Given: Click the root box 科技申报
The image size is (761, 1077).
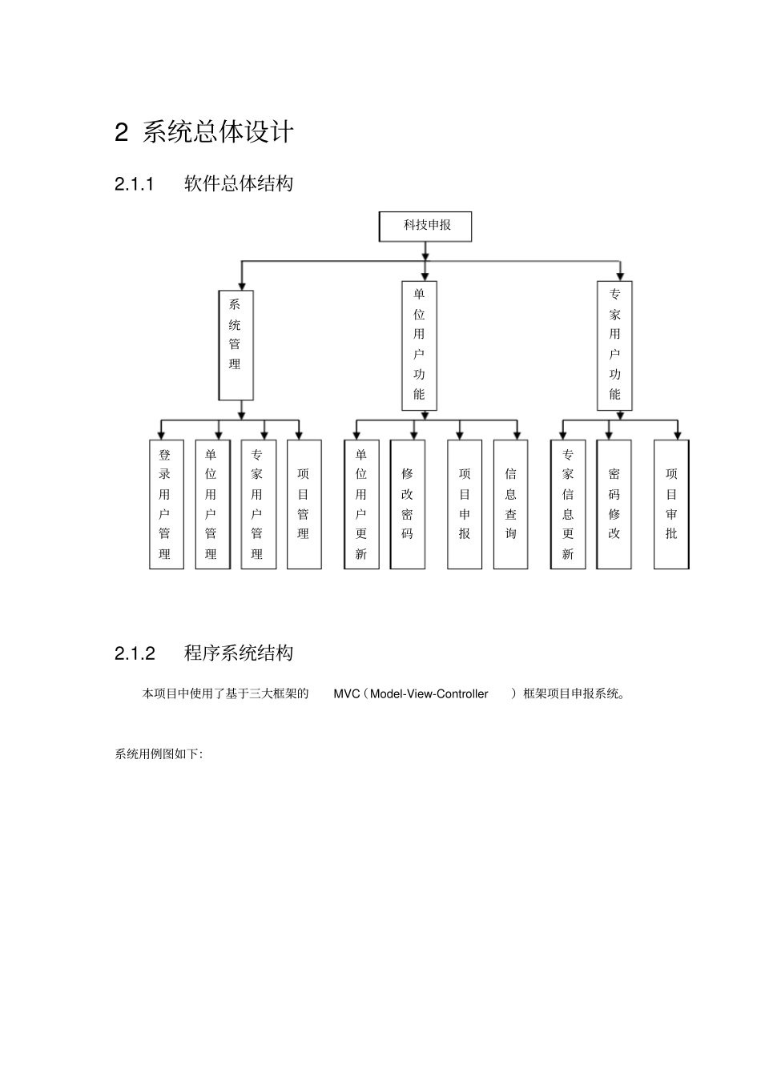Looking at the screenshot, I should (x=425, y=226).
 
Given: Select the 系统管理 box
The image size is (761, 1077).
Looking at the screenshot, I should (x=236, y=345).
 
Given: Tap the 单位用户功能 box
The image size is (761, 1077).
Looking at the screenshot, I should (x=419, y=345).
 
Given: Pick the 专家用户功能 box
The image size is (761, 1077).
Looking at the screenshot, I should (x=614, y=345).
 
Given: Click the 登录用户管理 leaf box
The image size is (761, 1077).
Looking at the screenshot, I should (x=166, y=504).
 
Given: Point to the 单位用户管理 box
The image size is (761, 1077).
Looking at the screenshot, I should (x=211, y=504).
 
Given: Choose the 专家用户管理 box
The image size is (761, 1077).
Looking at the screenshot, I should (x=258, y=504).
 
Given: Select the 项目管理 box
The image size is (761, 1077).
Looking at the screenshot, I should (x=304, y=504).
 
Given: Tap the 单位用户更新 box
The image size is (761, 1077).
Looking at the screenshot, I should (x=361, y=504).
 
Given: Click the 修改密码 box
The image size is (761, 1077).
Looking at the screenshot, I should (x=408, y=504).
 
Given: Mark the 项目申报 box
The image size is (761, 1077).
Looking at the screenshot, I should (x=465, y=504).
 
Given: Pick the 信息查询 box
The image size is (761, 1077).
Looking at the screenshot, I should (x=510, y=504).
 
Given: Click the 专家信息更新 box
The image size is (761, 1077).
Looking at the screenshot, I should (x=568, y=504).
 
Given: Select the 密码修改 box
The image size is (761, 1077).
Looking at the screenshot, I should (x=614, y=504).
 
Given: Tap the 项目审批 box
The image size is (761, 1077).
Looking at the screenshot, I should (x=671, y=504).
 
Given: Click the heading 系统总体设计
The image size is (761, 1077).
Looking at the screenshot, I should (x=218, y=132).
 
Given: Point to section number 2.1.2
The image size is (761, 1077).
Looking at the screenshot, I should (x=135, y=653).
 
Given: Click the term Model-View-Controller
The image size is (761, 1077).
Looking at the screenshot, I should (x=429, y=694).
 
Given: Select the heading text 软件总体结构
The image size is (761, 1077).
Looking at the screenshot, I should (x=239, y=184).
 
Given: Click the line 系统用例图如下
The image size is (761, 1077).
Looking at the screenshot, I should (x=159, y=754).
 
